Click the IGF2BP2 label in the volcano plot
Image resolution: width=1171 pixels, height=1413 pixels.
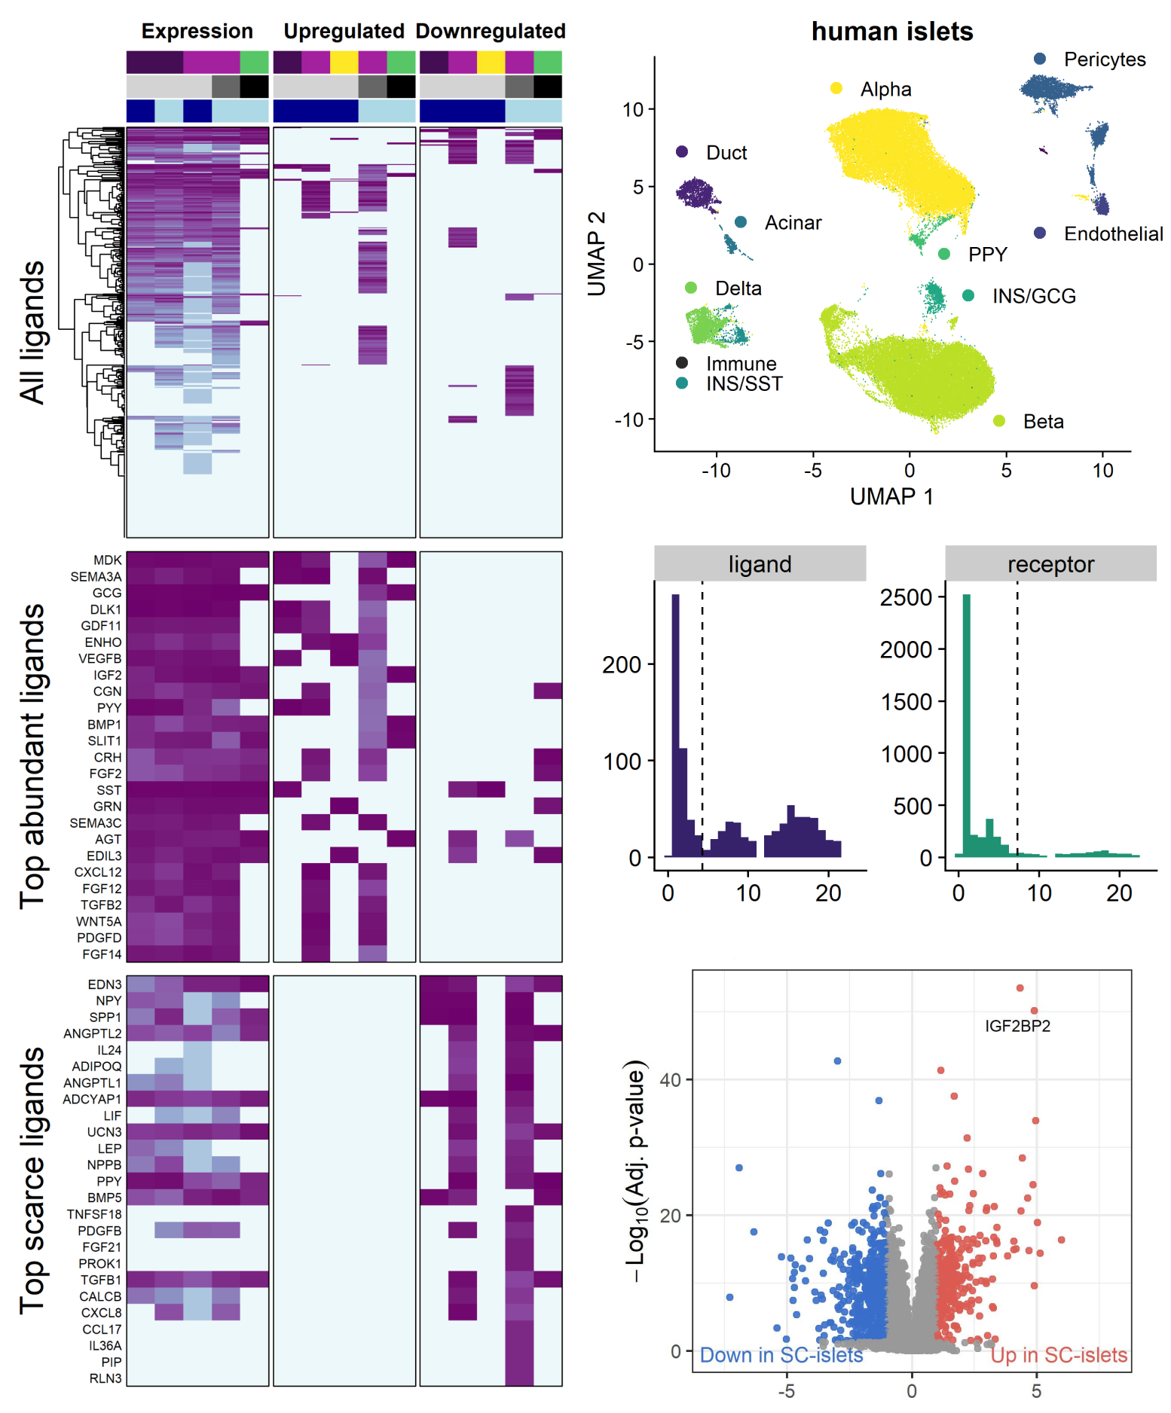click(x=1017, y=1026)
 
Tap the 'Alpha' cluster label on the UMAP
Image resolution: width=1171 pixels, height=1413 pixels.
click(x=885, y=90)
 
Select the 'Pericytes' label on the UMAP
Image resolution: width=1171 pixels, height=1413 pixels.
click(x=1104, y=60)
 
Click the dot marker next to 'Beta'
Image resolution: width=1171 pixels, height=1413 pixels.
click(x=999, y=421)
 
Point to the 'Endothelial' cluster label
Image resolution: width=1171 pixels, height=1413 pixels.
click(x=1113, y=234)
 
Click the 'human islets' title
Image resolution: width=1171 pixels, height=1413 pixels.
click(x=892, y=32)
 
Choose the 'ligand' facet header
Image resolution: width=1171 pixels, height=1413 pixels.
click(x=760, y=564)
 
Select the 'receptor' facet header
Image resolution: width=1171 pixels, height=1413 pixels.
click(x=1050, y=564)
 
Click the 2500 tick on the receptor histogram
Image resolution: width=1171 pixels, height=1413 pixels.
click(x=907, y=597)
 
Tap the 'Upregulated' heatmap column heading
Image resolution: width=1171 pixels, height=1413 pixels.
click(x=344, y=32)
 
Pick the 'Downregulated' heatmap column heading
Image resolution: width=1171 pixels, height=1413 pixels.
click(x=491, y=32)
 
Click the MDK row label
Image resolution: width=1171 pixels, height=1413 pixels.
click(x=108, y=560)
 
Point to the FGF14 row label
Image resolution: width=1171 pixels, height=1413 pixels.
click(x=102, y=954)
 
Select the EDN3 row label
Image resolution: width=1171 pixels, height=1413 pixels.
click(x=105, y=984)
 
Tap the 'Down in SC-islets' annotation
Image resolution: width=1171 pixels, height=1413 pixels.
click(x=781, y=1355)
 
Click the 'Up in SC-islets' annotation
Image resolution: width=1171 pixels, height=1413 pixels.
click(x=1059, y=1355)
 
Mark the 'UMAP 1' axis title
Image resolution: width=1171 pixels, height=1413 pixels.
click(x=891, y=497)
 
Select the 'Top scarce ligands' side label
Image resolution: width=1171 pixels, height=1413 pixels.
click(x=32, y=1180)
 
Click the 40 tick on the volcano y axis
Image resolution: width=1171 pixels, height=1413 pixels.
click(x=670, y=1080)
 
